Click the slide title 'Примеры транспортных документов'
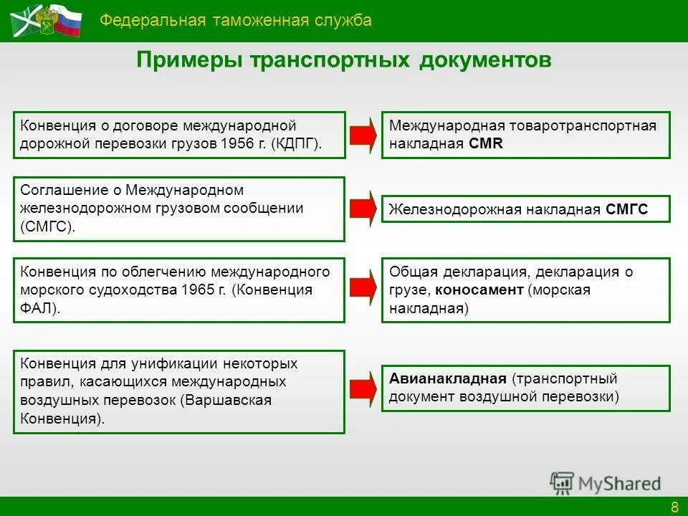[344, 60]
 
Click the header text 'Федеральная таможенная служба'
[236, 20]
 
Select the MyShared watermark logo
[606, 483]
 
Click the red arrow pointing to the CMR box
[363, 135]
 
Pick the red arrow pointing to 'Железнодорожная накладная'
[363, 209]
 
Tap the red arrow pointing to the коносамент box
[363, 290]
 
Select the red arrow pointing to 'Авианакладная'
[363, 387]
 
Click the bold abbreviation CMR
[487, 143]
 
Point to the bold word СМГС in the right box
[626, 209]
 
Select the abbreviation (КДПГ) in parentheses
[297, 143]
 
